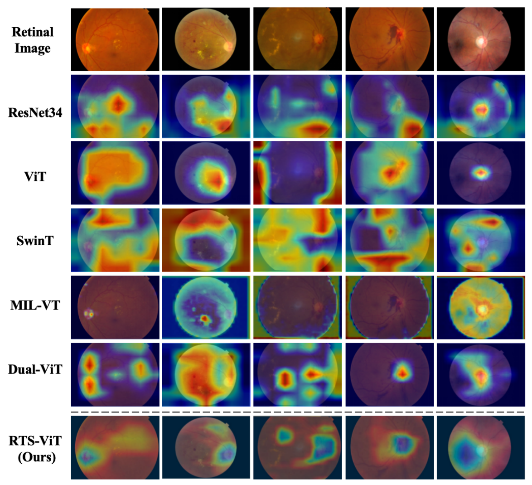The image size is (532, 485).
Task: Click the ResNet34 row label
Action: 35,112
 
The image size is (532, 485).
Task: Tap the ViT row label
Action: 35,176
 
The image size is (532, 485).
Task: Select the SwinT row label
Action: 35,241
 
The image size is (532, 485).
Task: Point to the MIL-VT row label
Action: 35,305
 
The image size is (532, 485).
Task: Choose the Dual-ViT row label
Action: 35,369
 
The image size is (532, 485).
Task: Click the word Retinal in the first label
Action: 33,32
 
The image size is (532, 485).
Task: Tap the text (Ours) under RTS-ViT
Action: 37,456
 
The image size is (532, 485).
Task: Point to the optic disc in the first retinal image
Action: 86,47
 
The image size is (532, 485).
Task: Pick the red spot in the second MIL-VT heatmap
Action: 205,319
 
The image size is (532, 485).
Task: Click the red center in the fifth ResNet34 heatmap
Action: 481,109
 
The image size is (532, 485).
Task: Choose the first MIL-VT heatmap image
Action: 115,307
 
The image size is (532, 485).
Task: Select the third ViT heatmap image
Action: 297,173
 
